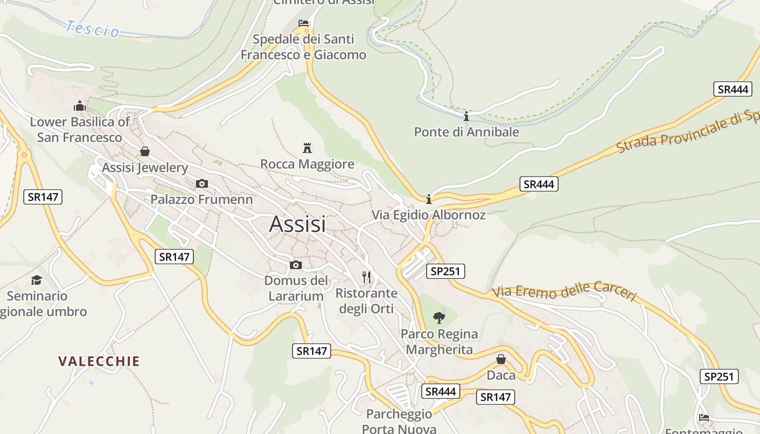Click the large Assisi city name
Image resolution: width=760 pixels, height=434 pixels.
pos(297,224)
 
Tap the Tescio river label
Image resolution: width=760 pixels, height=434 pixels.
pos(93,29)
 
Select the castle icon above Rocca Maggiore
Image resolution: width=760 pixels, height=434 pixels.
pos(307,148)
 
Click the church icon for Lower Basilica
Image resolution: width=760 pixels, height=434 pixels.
pos(80,105)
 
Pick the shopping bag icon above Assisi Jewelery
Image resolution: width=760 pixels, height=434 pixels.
pos(145,151)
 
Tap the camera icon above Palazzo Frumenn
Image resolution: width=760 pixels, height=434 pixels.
pos(201,183)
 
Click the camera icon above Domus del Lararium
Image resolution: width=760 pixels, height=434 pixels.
pos(296,265)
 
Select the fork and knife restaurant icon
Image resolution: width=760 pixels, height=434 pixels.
pos(366,277)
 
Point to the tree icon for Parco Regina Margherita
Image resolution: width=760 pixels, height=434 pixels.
pos(439,317)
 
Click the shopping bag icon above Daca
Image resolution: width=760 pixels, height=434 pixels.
pos(501,359)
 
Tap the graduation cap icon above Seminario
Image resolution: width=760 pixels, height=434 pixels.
pos(37,280)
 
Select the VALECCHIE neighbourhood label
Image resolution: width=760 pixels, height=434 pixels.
pos(99,361)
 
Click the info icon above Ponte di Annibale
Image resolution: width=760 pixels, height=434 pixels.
pos(466,116)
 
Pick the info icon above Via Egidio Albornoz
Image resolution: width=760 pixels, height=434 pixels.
pos(429,199)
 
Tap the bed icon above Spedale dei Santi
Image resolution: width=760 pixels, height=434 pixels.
pos(303,23)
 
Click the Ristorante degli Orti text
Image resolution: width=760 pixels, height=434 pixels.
pos(366,301)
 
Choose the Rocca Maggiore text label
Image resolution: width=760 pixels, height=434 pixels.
pos(307,164)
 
